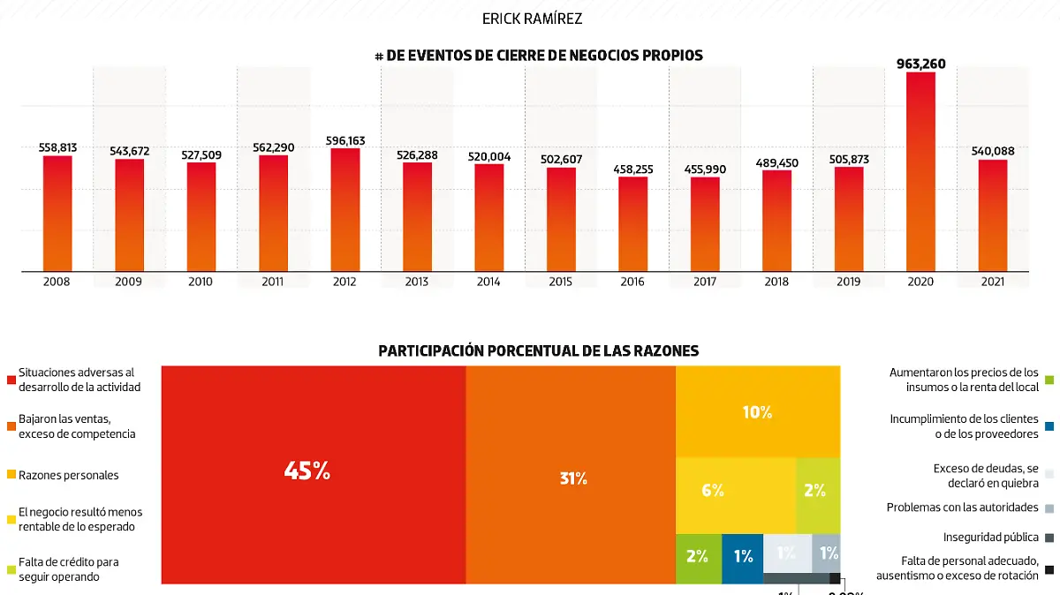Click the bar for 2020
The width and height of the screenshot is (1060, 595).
(x=920, y=172)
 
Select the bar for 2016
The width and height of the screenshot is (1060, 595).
(x=632, y=224)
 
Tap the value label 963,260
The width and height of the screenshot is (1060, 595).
(x=920, y=64)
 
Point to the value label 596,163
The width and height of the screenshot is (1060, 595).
(x=344, y=140)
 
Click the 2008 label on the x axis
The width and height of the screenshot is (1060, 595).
(x=57, y=282)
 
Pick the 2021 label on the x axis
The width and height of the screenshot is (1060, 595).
(x=992, y=282)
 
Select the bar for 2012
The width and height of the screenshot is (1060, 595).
(x=344, y=210)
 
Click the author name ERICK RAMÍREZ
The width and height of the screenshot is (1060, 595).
(x=532, y=19)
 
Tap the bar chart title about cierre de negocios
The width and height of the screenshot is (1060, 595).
(x=539, y=56)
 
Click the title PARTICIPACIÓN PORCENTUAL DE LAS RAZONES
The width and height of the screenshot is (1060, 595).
(x=539, y=350)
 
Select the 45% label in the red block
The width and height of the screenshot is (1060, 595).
(x=307, y=471)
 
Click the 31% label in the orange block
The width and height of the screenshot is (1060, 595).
(x=573, y=478)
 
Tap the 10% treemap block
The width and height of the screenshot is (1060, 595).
(x=757, y=411)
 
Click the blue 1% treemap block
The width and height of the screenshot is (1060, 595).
(x=742, y=556)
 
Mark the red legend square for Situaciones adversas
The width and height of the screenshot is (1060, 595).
(x=11, y=380)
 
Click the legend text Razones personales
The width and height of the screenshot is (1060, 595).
(x=69, y=475)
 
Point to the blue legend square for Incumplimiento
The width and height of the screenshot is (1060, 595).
(x=1048, y=426)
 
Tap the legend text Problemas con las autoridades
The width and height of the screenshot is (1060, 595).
(x=962, y=508)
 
